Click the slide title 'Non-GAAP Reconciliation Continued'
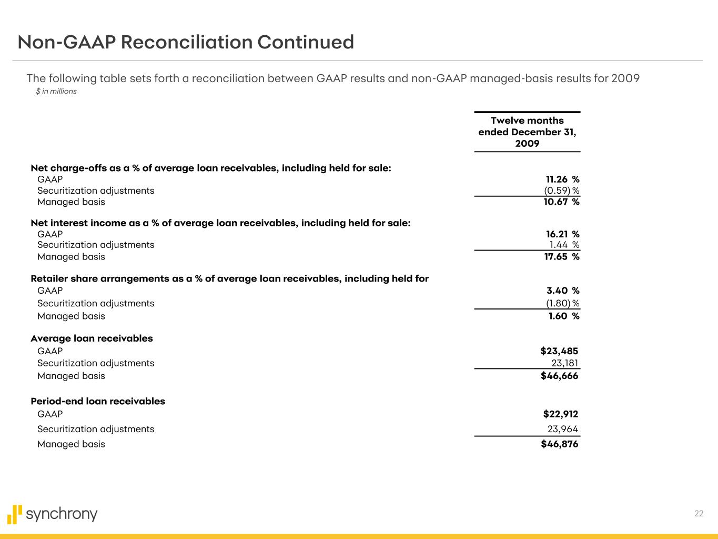[186, 42]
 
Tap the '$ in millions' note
[56, 92]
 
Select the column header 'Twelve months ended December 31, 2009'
[527, 132]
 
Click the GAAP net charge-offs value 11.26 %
[562, 179]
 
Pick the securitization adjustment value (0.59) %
[561, 191]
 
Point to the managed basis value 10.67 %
[561, 202]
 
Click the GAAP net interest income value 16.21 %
[562, 234]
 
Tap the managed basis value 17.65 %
[561, 257]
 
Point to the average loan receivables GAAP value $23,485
[559, 351]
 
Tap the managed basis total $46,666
[559, 376]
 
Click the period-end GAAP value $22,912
[560, 414]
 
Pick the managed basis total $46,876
[559, 444]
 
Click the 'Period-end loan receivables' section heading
[98, 402]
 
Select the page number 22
[699, 514]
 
